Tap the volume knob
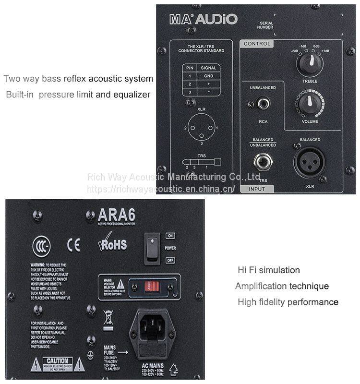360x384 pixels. click(x=310, y=102)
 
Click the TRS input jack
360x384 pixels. click(x=263, y=163)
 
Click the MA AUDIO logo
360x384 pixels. click(x=203, y=19)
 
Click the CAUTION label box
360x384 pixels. click(x=57, y=363)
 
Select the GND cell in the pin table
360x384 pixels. click(x=208, y=76)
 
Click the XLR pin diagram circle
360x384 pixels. click(x=202, y=128)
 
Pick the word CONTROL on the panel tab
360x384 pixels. click(x=257, y=44)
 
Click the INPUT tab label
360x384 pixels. click(x=257, y=189)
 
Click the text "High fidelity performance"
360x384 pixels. click(x=288, y=302)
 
